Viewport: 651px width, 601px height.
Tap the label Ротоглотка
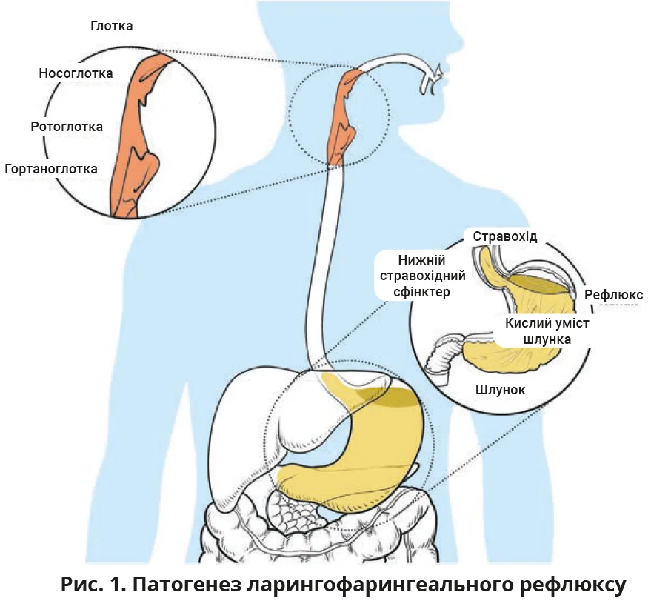[x=67, y=127]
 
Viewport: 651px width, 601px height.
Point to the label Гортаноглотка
[x=50, y=169]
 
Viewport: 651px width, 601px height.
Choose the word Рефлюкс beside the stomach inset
[x=613, y=295]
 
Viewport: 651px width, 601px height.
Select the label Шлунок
[x=500, y=389]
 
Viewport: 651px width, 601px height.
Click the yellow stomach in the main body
[x=370, y=452]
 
